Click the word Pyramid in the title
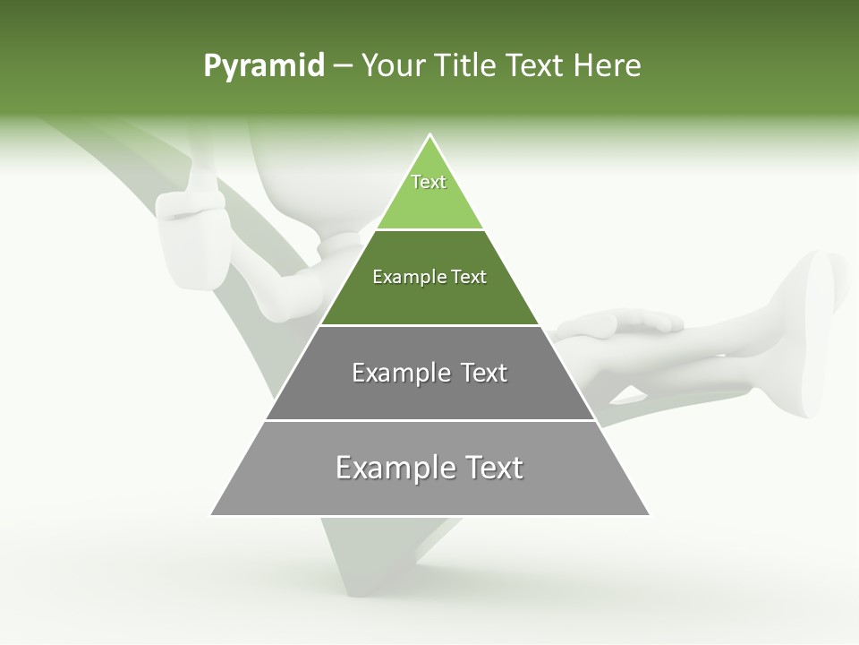pyautogui.click(x=263, y=65)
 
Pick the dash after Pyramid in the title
pyautogui.click(x=343, y=66)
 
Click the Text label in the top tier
pyautogui.click(x=429, y=182)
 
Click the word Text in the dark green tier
pyautogui.click(x=470, y=277)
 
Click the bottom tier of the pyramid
pyautogui.click(x=429, y=494)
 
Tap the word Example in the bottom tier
pyautogui.click(x=390, y=468)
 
